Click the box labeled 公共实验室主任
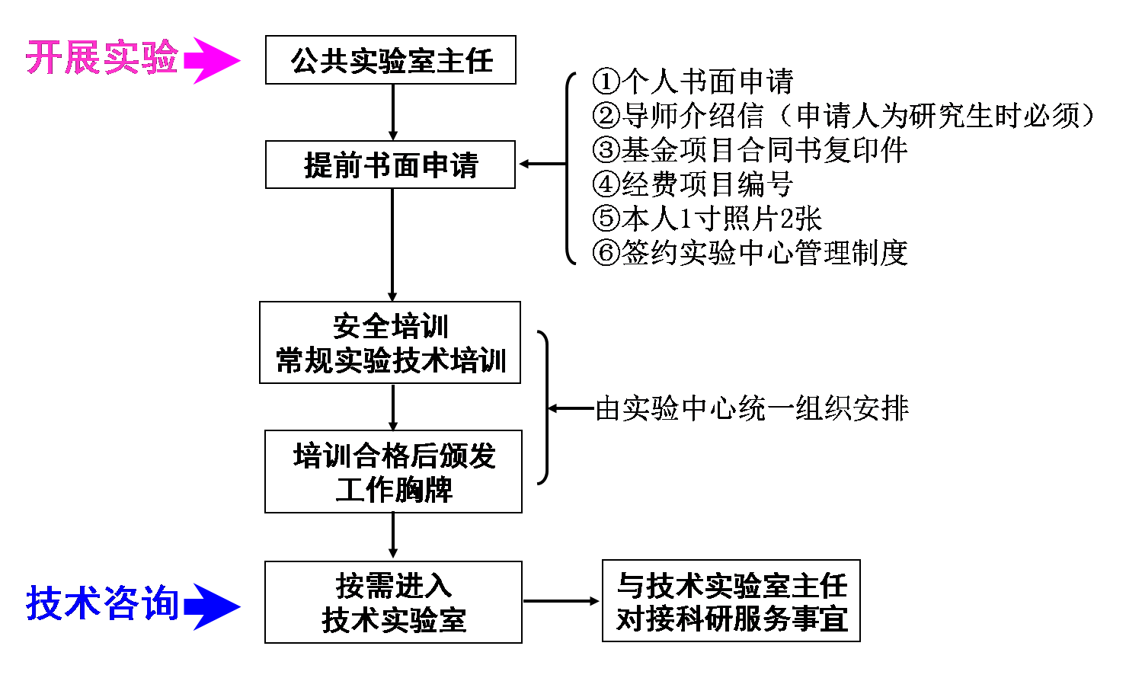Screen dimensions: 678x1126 click(391, 60)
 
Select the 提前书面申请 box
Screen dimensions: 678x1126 click(391, 165)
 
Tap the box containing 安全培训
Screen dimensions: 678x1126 click(390, 343)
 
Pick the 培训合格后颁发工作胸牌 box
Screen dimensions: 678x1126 click(393, 472)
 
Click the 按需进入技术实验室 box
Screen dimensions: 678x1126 click(393, 603)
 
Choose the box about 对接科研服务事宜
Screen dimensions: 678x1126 click(731, 601)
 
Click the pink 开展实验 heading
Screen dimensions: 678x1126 click(102, 59)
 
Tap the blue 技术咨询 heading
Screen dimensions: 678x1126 click(103, 604)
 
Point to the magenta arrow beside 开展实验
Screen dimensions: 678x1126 click(212, 60)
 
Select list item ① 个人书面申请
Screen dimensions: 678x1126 click(693, 82)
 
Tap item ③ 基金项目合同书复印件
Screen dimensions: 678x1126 click(750, 150)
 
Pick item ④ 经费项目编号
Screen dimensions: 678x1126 click(693, 184)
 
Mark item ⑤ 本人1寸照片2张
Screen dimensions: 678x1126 click(708, 219)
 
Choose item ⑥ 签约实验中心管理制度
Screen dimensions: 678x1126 click(750, 253)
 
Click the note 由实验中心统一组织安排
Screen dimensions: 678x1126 click(752, 409)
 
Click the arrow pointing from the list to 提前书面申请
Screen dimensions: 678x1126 click(542, 164)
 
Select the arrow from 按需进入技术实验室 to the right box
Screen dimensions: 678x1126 click(561, 602)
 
